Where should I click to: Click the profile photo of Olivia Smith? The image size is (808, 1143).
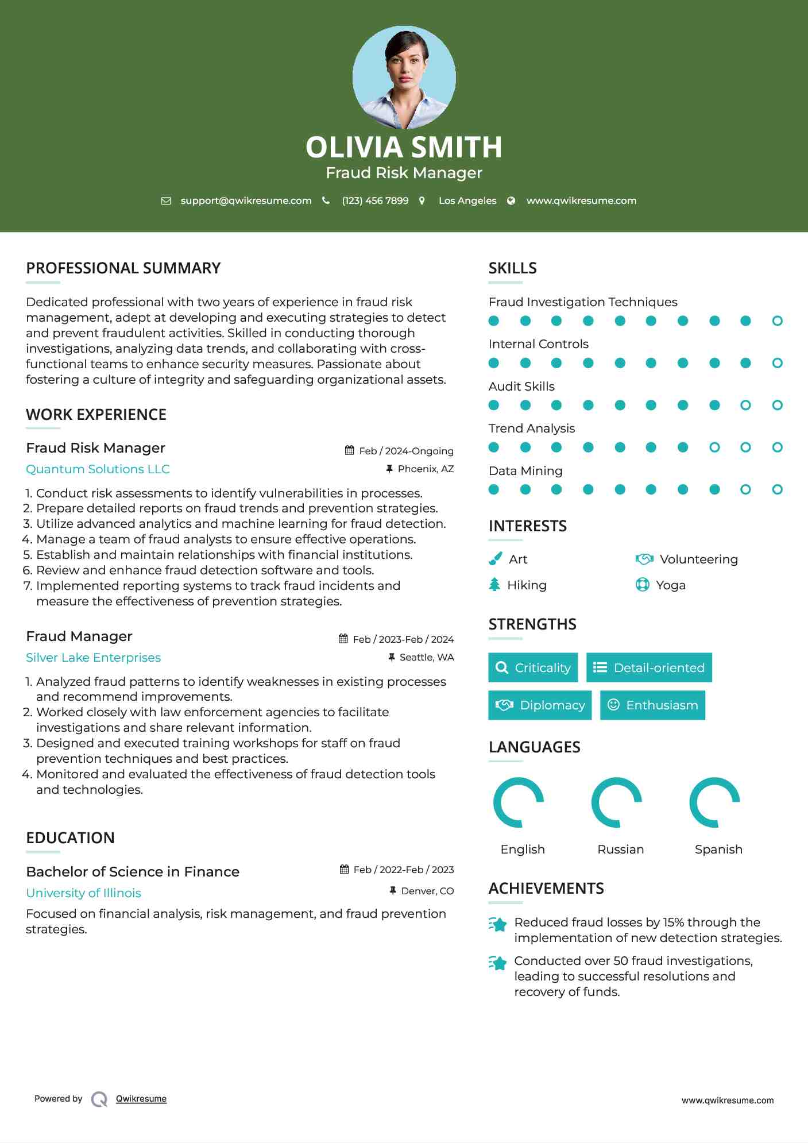click(x=404, y=77)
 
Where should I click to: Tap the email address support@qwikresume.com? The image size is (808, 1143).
click(x=246, y=200)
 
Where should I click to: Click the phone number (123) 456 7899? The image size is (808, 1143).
click(x=375, y=200)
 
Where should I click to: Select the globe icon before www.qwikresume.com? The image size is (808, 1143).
click(x=511, y=200)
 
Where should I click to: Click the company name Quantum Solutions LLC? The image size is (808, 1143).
click(x=98, y=469)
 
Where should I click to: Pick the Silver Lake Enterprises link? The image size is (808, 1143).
click(x=93, y=658)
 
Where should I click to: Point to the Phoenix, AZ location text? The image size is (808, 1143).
click(x=426, y=469)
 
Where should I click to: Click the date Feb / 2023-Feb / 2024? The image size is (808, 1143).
click(x=403, y=639)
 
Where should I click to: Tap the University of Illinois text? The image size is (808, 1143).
click(x=83, y=893)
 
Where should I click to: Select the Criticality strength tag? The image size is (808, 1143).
click(x=533, y=667)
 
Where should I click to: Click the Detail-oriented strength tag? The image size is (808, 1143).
click(x=649, y=667)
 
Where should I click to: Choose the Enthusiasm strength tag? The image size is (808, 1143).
click(x=652, y=705)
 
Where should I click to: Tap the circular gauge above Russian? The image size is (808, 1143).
click(x=617, y=802)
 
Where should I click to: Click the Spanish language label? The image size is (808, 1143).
click(x=718, y=849)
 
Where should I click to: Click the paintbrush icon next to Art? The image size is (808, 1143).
click(x=495, y=559)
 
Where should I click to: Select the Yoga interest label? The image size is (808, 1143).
click(x=671, y=585)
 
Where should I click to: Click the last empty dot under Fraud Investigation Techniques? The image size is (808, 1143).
click(x=777, y=321)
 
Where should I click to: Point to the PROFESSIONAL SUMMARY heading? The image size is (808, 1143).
click(x=123, y=268)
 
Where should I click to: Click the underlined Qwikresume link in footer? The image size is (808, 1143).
click(x=141, y=1099)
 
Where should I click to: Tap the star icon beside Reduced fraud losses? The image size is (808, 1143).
click(x=498, y=924)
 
